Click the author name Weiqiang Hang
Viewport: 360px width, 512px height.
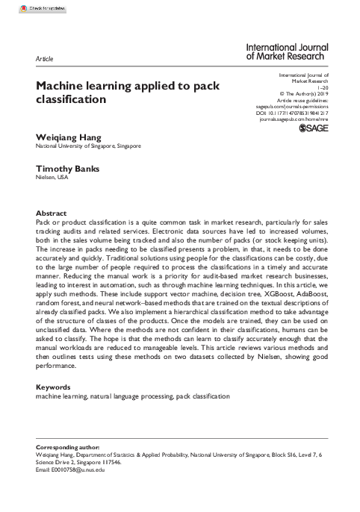(69, 137)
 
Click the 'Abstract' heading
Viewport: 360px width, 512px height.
(51, 213)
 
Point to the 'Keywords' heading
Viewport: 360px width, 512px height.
(54, 387)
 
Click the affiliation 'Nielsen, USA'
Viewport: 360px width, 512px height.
(52, 178)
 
